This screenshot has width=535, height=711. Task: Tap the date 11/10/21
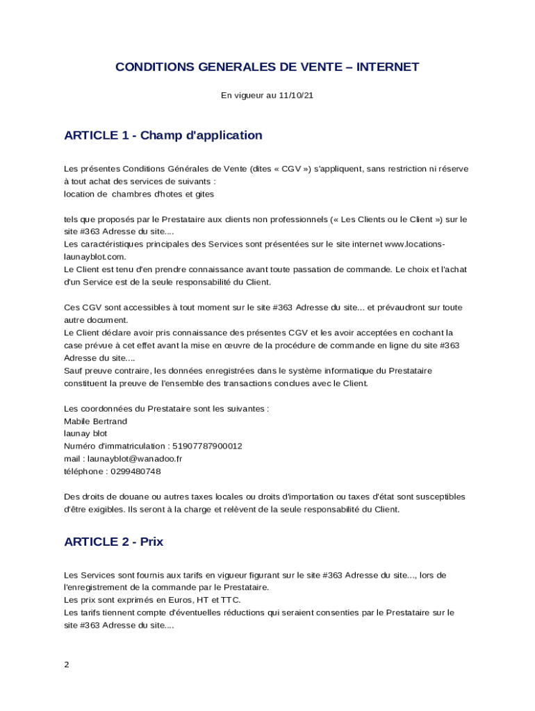pos(296,96)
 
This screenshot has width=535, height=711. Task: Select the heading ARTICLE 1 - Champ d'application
pos(163,135)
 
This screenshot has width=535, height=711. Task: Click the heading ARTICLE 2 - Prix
pos(113,542)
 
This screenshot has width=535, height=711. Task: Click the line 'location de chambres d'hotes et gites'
pos(139,194)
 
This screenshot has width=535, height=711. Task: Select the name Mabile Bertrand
pos(95,421)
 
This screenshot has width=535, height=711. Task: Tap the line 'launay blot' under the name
pos(85,434)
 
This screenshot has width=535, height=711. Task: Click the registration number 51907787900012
pos(206,446)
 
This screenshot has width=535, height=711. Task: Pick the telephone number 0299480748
pos(135,471)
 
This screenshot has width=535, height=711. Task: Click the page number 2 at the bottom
pos(67,664)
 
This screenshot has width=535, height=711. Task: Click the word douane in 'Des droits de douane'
pos(137,497)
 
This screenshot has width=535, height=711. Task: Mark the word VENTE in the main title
pos(319,67)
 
